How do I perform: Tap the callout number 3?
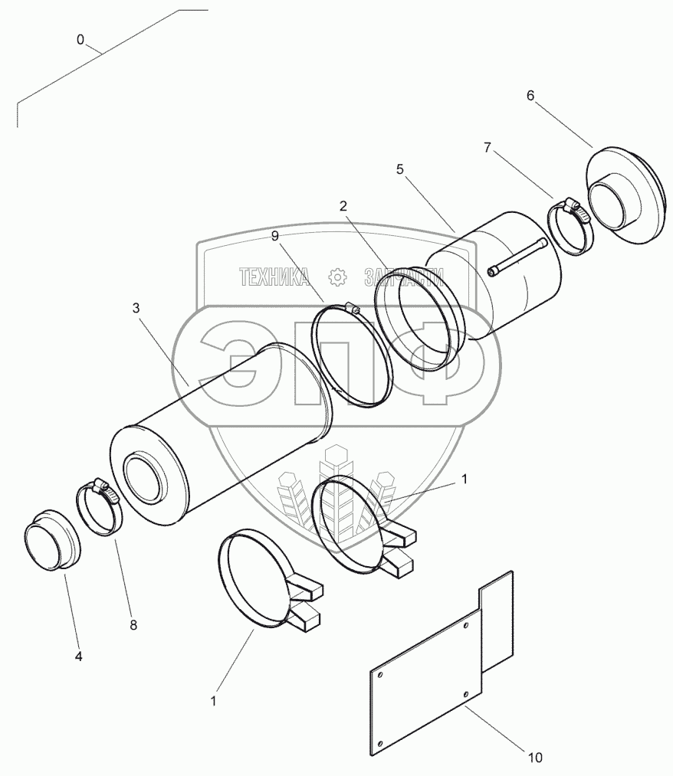pyautogui.click(x=136, y=309)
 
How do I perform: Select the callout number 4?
pyautogui.click(x=78, y=656)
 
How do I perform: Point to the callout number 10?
pyautogui.click(x=535, y=758)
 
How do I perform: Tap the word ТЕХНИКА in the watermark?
pyautogui.click(x=274, y=277)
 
